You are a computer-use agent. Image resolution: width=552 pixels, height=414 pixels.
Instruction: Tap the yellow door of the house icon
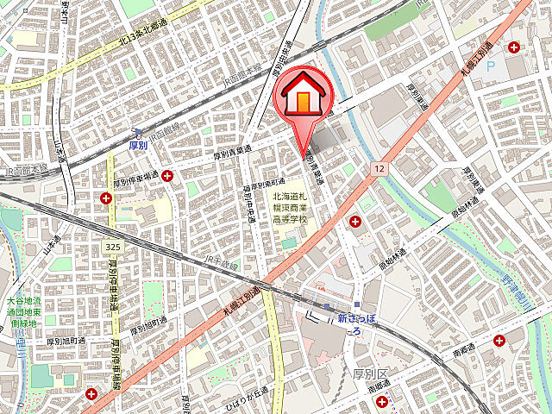(303, 101)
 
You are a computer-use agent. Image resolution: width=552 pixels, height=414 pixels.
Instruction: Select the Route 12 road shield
(379, 168)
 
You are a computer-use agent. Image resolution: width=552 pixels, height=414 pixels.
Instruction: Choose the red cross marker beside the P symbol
(516, 47)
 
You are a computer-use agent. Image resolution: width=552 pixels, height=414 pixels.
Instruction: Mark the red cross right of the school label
(354, 223)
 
